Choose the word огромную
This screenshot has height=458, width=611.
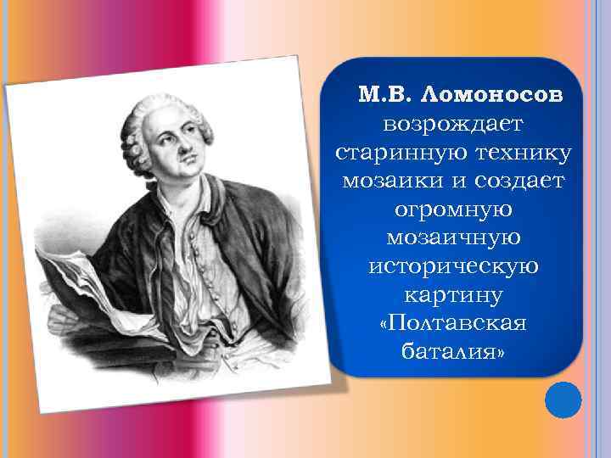click(x=454, y=209)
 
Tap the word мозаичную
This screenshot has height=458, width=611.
click(x=454, y=237)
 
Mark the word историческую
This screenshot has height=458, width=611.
click(x=454, y=266)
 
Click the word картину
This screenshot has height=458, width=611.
click(x=454, y=294)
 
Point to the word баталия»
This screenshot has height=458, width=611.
click(x=454, y=351)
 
